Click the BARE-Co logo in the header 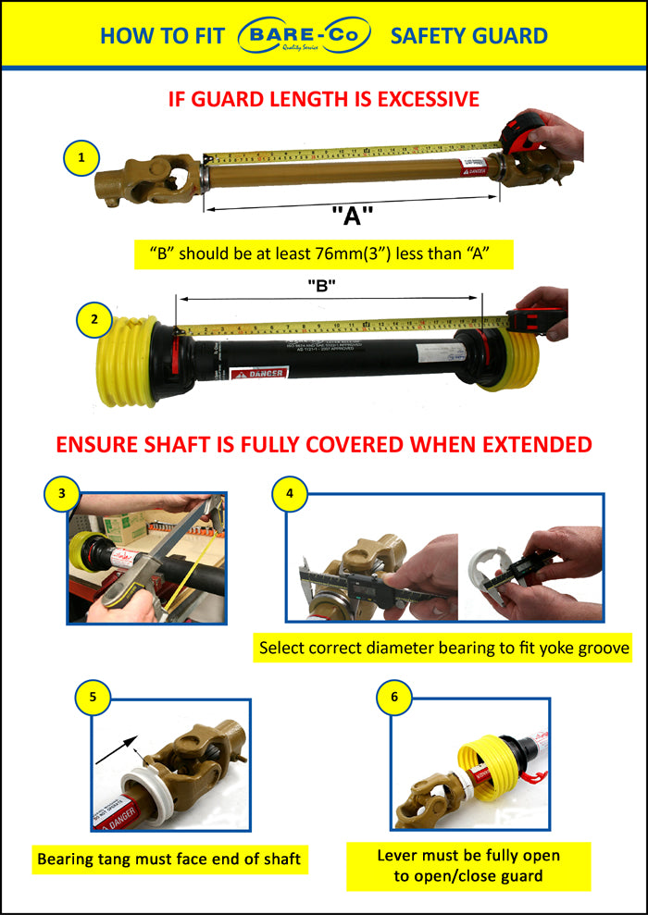click(x=305, y=36)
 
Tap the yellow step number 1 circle click(x=82, y=158)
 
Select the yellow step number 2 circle click(x=94, y=321)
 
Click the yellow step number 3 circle click(x=62, y=493)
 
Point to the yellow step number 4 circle click(x=290, y=493)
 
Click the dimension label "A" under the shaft click(x=352, y=217)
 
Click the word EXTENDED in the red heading click(x=530, y=444)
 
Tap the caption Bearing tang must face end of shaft click(x=168, y=859)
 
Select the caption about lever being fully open click(x=468, y=865)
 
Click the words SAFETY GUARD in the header click(x=468, y=36)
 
